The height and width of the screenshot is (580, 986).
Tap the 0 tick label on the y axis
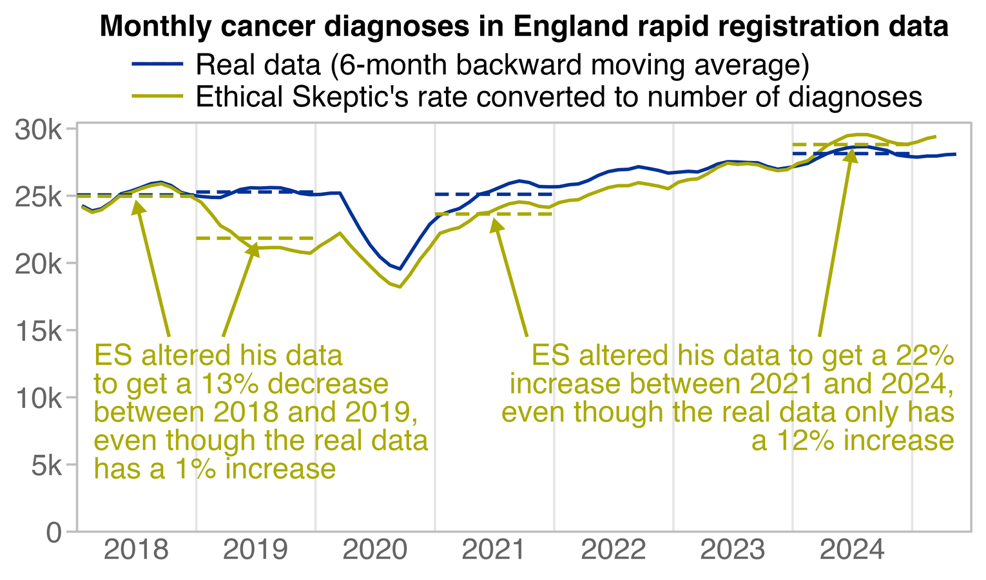(x=54, y=532)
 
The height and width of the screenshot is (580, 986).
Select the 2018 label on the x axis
(x=136, y=552)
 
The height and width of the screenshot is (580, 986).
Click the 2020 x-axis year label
(x=375, y=552)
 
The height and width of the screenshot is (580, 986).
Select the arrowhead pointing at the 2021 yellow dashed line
(x=496, y=225)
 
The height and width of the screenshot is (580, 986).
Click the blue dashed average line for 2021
(x=494, y=194)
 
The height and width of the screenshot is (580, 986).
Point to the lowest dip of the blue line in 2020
(x=400, y=269)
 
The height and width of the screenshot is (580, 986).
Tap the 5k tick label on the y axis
(x=45, y=465)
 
